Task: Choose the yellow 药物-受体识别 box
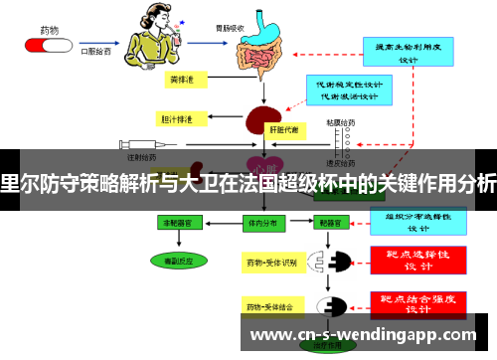[x=271, y=263]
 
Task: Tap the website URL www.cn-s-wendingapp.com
[x=368, y=335]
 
